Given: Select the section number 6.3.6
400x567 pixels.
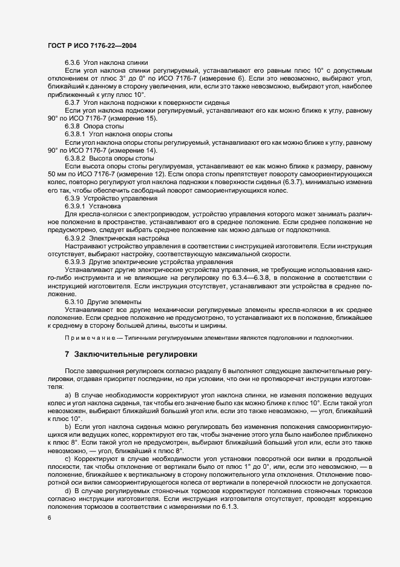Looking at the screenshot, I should pos(73,63).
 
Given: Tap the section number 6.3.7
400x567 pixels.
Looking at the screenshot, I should pos(73,102).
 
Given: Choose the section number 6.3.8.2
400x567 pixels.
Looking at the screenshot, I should pos(76,157).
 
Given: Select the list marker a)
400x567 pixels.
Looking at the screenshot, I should pos(68,394).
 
